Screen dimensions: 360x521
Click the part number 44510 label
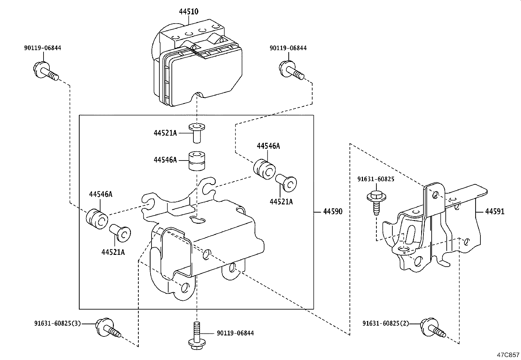tap(189, 11)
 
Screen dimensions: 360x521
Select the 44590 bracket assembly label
tap(333, 212)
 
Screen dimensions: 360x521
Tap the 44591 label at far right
tap(494, 212)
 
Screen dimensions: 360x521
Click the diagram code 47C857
tap(508, 355)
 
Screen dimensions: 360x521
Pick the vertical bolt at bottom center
tap(196, 336)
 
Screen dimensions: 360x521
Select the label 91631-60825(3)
tap(57, 323)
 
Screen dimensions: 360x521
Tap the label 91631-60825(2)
tap(386, 323)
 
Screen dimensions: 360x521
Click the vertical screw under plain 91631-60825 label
tap(376, 203)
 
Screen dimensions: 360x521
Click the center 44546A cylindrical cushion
tap(196, 161)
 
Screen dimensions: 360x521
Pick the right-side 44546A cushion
tap(265, 169)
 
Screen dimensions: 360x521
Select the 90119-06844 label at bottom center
tap(235, 333)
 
